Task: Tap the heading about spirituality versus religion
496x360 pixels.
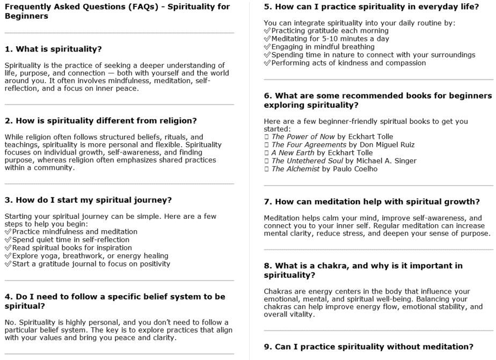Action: point(100,120)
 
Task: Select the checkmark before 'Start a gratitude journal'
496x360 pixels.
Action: point(8,264)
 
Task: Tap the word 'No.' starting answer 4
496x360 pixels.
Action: point(10,322)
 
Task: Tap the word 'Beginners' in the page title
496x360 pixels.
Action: point(26,16)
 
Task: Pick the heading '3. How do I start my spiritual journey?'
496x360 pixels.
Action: point(88,200)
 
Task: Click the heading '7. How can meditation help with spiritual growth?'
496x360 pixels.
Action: point(371,202)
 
